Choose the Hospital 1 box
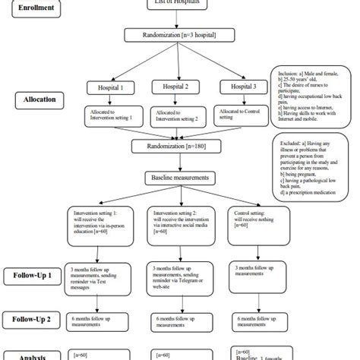coord(112,88)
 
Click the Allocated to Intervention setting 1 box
coord(111,116)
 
